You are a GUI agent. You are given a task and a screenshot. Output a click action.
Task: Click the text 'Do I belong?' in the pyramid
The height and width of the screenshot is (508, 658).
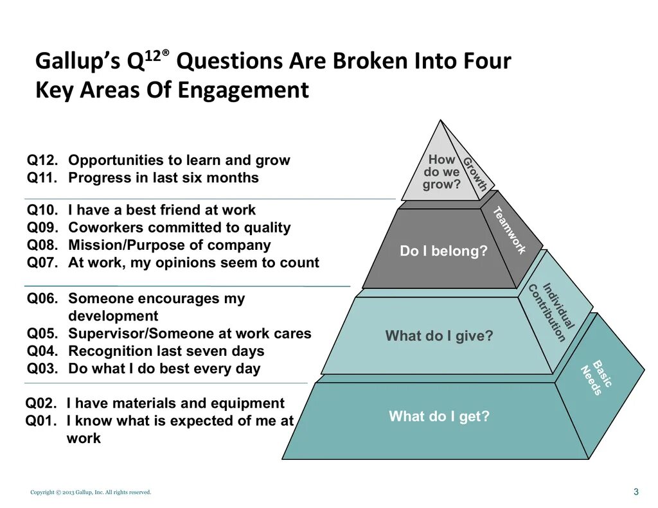pos(443,251)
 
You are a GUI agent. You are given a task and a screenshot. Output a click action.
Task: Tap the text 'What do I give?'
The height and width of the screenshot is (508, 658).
pos(439,336)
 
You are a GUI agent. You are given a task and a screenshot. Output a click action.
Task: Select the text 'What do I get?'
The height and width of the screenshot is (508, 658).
pos(439,417)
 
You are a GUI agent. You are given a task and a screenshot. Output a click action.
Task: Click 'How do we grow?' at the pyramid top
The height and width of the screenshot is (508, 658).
pos(441,172)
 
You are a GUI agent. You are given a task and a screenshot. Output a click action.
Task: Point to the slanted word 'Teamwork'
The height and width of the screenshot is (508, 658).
pos(510,230)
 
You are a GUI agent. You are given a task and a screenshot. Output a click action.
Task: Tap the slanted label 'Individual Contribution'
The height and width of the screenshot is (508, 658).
pos(550,312)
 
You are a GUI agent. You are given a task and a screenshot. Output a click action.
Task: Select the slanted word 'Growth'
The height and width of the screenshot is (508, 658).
pos(476,174)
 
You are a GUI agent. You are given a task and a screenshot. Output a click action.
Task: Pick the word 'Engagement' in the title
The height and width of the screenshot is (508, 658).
pos(244,90)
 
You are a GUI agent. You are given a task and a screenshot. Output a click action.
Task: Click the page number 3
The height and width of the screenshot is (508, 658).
pos(636,492)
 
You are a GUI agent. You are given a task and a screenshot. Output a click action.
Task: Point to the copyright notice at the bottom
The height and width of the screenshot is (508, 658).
pos(91,493)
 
